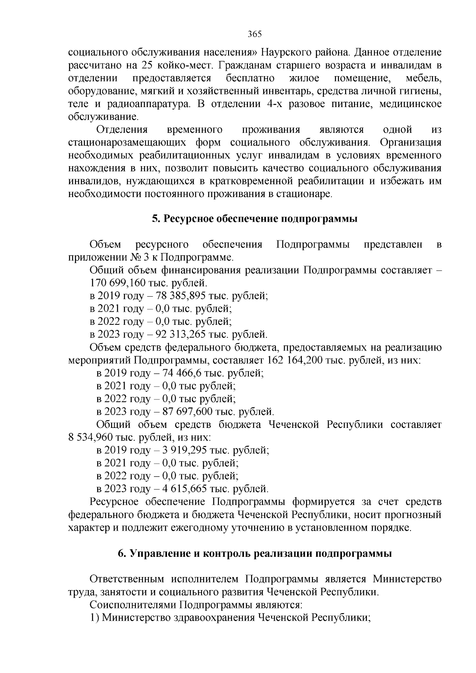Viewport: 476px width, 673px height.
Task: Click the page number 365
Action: pos(254,34)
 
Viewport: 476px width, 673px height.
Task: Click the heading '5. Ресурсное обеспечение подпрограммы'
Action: pos(255,219)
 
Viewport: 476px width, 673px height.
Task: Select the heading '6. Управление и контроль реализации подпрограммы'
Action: pos(255,554)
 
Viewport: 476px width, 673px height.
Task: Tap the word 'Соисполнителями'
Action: pos(133,605)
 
